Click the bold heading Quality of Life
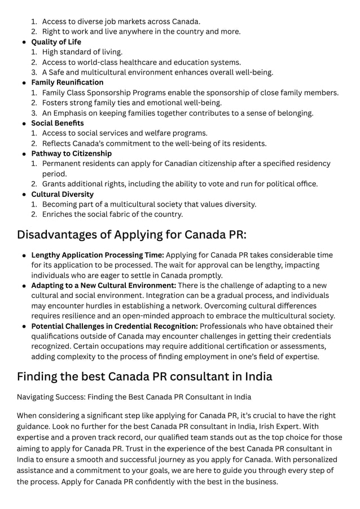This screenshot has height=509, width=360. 56,42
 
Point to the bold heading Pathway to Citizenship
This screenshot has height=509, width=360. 71,153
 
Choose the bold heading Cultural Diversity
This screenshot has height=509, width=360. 62,194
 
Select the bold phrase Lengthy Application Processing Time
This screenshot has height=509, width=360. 97,255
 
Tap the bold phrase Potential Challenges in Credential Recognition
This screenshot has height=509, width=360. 114,326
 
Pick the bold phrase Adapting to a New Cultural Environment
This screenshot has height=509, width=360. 103,286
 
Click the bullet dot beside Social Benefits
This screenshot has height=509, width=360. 24,124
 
